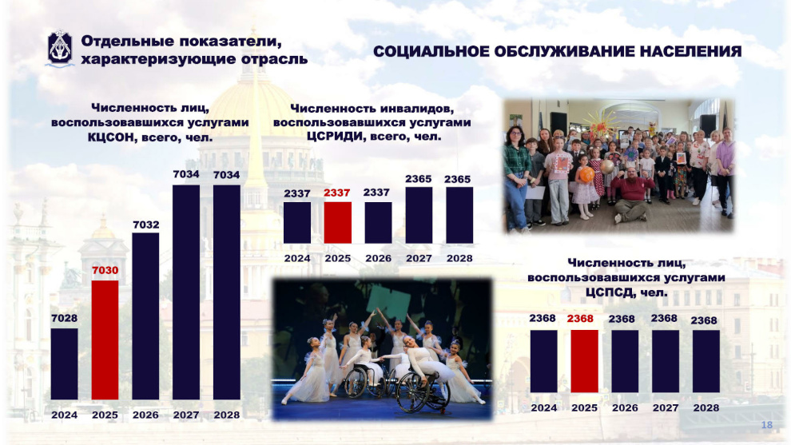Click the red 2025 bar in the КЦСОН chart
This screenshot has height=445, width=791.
click(x=105, y=340)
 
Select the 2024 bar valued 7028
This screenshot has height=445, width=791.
click(x=65, y=364)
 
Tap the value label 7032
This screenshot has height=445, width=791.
click(x=145, y=224)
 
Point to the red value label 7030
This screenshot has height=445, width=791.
click(x=105, y=270)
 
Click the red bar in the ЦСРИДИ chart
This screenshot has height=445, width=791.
click(x=337, y=223)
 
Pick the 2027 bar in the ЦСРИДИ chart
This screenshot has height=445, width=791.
click(x=419, y=216)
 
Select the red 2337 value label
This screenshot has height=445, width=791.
click(x=337, y=193)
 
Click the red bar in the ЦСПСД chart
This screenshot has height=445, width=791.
click(x=584, y=361)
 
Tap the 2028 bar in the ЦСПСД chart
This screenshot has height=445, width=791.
click(x=706, y=361)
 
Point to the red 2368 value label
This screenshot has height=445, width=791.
click(x=580, y=318)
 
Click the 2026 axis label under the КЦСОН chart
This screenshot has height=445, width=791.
click(x=145, y=415)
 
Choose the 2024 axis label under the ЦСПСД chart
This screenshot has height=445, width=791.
click(x=544, y=407)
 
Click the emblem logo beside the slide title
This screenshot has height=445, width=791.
click(x=60, y=49)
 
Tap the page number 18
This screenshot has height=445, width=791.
click(x=766, y=425)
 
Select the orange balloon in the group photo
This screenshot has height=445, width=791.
click(x=586, y=175)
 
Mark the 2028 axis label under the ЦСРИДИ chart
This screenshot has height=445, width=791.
click(x=459, y=258)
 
